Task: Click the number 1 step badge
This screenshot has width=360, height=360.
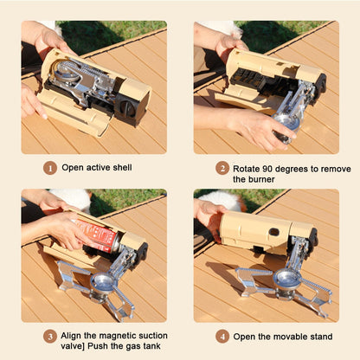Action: pyautogui.click(x=50, y=169)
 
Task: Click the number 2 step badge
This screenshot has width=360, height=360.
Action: pyautogui.click(x=222, y=169)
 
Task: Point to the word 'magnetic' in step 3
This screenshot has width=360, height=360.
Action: pyautogui.click(x=116, y=336)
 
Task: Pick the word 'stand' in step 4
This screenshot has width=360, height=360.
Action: pyautogui.click(x=318, y=337)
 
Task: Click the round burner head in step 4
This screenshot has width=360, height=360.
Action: pyautogui.click(x=286, y=278)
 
